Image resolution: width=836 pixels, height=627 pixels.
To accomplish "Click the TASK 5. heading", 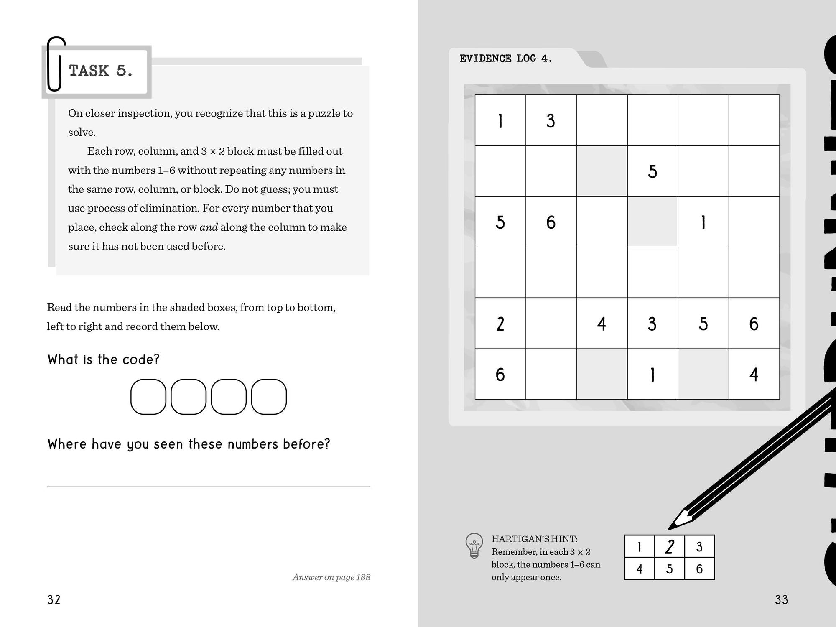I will (x=101, y=71).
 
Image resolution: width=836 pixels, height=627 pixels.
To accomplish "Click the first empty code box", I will (x=148, y=397).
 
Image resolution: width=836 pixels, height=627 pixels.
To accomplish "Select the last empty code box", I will (x=269, y=397).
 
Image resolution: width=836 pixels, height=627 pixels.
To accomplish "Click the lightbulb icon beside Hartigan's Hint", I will (x=474, y=545).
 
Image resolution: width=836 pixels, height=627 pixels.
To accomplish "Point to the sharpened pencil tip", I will (x=671, y=528).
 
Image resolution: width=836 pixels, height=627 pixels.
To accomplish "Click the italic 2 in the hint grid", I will (x=669, y=546).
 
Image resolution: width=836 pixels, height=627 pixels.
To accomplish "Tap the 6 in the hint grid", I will (x=699, y=569).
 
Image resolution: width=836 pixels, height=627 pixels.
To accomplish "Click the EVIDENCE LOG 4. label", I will (x=506, y=59).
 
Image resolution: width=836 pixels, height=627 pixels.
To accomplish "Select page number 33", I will (x=781, y=600).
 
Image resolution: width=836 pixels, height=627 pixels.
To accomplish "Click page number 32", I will (x=54, y=600).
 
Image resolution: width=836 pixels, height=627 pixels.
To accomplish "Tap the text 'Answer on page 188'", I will (x=331, y=577).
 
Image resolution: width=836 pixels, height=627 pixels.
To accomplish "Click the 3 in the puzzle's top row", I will (x=551, y=121).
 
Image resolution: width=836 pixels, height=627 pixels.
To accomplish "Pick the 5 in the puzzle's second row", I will (x=652, y=171).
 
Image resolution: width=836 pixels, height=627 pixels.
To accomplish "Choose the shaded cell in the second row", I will (x=602, y=171).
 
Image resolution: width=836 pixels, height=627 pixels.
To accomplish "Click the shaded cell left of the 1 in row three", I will (x=652, y=222).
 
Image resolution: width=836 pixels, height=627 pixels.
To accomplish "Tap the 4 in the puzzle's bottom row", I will (x=754, y=375).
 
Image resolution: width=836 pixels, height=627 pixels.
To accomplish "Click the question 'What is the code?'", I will (x=103, y=359).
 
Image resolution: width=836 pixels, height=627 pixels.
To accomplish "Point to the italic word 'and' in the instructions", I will (x=209, y=227).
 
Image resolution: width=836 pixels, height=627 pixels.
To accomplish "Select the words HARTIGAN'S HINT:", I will (x=534, y=539).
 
